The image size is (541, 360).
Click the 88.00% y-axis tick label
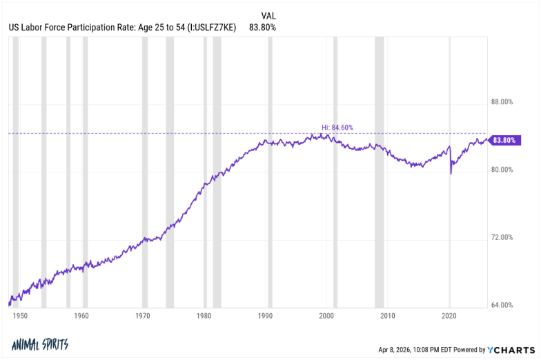coord(502,102)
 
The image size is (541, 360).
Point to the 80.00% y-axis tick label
coord(502,170)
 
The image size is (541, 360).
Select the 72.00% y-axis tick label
coord(502,237)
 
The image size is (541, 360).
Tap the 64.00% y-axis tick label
coord(502,305)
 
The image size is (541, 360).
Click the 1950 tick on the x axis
coord(20,316)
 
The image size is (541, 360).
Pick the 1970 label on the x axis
coord(143,316)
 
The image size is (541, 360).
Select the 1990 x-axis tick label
coord(266,316)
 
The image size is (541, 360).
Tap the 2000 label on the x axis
coord(327,316)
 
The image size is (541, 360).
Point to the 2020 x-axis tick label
coord(450,316)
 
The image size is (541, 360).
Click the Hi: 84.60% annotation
coord(337,127)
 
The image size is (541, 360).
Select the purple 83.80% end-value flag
coord(506,140)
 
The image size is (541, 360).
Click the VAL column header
coord(269,15)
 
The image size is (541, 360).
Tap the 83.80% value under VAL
coord(262,28)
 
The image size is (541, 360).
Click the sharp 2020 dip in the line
coord(451,172)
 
